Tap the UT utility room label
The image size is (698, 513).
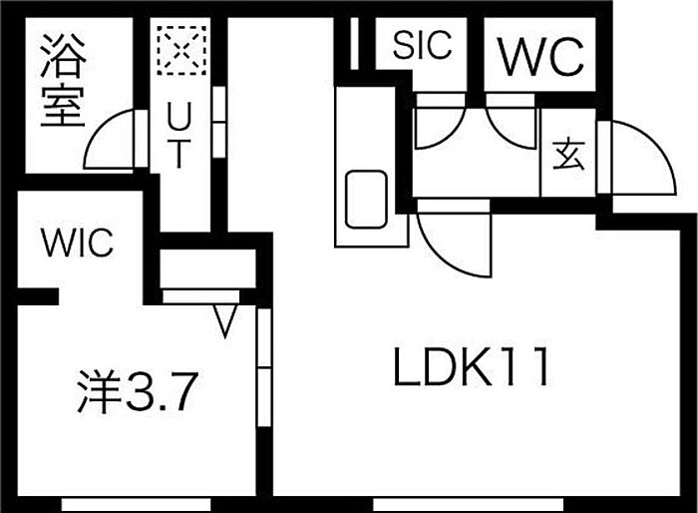click(x=178, y=135)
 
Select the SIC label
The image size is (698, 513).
click(x=423, y=45)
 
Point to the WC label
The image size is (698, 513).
click(x=540, y=56)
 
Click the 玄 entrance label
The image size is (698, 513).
click(x=568, y=155)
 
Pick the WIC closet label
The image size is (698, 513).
click(x=77, y=243)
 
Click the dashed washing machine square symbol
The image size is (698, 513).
click(x=181, y=50)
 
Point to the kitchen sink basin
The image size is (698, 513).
click(x=366, y=200)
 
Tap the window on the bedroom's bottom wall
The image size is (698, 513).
click(x=136, y=505)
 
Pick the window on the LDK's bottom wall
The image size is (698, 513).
click(x=468, y=505)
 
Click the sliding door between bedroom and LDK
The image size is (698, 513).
click(x=264, y=367)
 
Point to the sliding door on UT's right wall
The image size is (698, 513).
click(x=219, y=122)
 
